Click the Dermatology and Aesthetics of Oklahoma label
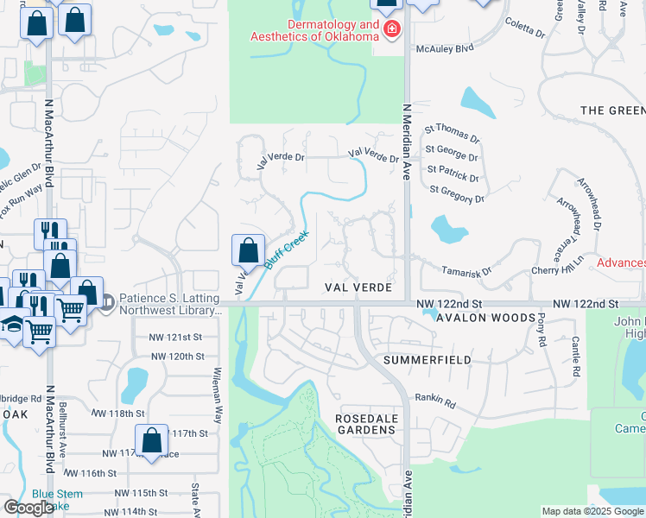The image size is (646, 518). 315,30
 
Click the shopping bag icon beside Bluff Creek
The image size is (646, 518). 248,250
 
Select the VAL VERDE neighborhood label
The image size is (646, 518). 358,287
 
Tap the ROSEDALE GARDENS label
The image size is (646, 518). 365,424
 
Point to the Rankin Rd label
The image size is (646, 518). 434,400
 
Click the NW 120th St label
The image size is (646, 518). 176,356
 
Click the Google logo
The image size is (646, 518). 28,508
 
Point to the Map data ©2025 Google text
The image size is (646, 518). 592,511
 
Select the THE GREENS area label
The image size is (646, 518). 612,111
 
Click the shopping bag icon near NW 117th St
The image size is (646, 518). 151,440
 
